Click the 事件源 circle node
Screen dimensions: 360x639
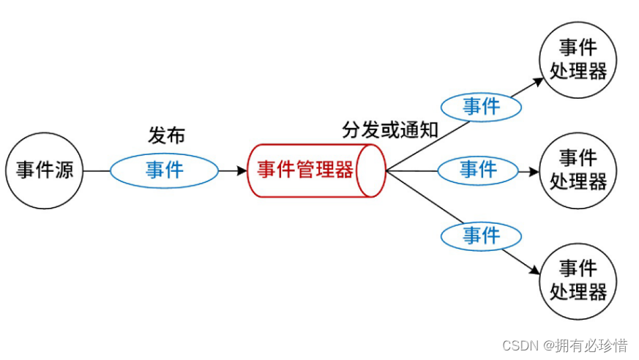(x=45, y=171)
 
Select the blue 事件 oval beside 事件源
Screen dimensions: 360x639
(x=164, y=170)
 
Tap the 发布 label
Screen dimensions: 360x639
(x=166, y=135)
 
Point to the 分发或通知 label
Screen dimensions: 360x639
(x=389, y=130)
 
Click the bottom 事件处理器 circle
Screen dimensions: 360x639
(x=578, y=281)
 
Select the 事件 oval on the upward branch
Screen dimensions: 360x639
(x=481, y=107)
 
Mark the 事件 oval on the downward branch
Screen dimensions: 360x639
(x=481, y=236)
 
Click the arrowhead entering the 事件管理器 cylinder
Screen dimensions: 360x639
(x=243, y=171)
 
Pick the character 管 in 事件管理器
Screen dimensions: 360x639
(x=307, y=170)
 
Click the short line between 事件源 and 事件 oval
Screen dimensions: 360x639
(x=97, y=171)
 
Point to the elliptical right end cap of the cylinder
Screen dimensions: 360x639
(x=374, y=170)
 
